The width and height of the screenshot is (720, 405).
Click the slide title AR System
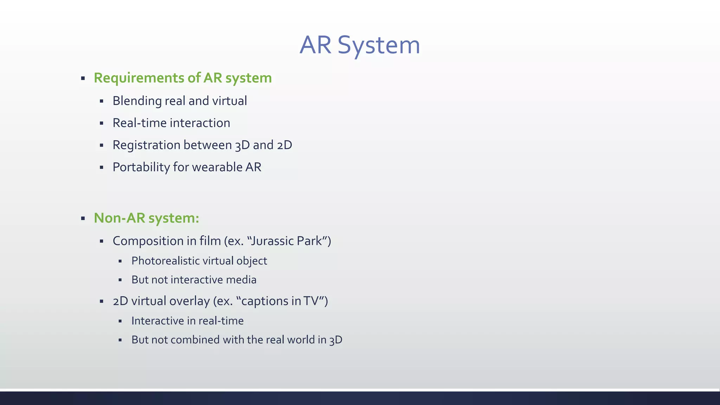coord(360,45)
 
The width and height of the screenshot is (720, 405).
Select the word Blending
coord(137,101)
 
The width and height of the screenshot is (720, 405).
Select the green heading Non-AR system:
coord(146,218)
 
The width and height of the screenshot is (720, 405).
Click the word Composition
coord(148,242)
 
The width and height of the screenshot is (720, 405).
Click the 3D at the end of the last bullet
coord(336,340)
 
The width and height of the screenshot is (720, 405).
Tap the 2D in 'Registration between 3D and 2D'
coord(284,145)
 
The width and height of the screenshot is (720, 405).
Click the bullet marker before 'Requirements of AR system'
coord(83,78)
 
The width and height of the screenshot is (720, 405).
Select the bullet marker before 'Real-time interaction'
coord(102,123)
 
